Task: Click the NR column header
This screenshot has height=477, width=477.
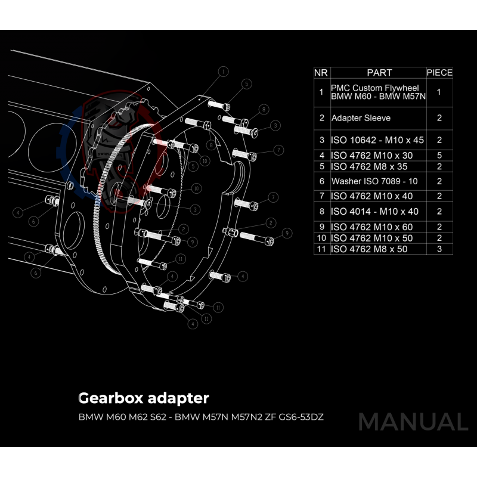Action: pyautogui.click(x=321, y=73)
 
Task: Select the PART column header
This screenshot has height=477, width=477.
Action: pyautogui.click(x=379, y=73)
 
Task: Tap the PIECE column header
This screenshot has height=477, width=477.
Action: pyautogui.click(x=439, y=73)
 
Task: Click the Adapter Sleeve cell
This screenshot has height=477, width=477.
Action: pyautogui.click(x=361, y=118)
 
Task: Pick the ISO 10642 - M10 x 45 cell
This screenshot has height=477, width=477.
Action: pyautogui.click(x=377, y=141)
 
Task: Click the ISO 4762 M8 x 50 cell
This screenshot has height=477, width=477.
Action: pyautogui.click(x=369, y=249)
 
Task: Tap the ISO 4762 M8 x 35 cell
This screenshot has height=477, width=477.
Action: pyautogui.click(x=369, y=166)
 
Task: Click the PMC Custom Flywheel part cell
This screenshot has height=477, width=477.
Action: pyautogui.click(x=377, y=92)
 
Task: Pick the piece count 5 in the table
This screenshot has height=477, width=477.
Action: pyautogui.click(x=439, y=155)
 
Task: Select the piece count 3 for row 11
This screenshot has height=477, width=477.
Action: pyautogui.click(x=439, y=249)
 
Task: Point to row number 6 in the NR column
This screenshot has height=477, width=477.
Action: pyautogui.click(x=321, y=181)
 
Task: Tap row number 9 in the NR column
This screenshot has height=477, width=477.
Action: pyautogui.click(x=321, y=227)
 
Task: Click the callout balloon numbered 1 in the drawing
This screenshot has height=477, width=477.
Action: pyautogui.click(x=222, y=72)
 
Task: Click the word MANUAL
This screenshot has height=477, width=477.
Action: pyautogui.click(x=413, y=422)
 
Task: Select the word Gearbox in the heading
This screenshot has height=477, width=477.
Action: pyautogui.click(x=109, y=398)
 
